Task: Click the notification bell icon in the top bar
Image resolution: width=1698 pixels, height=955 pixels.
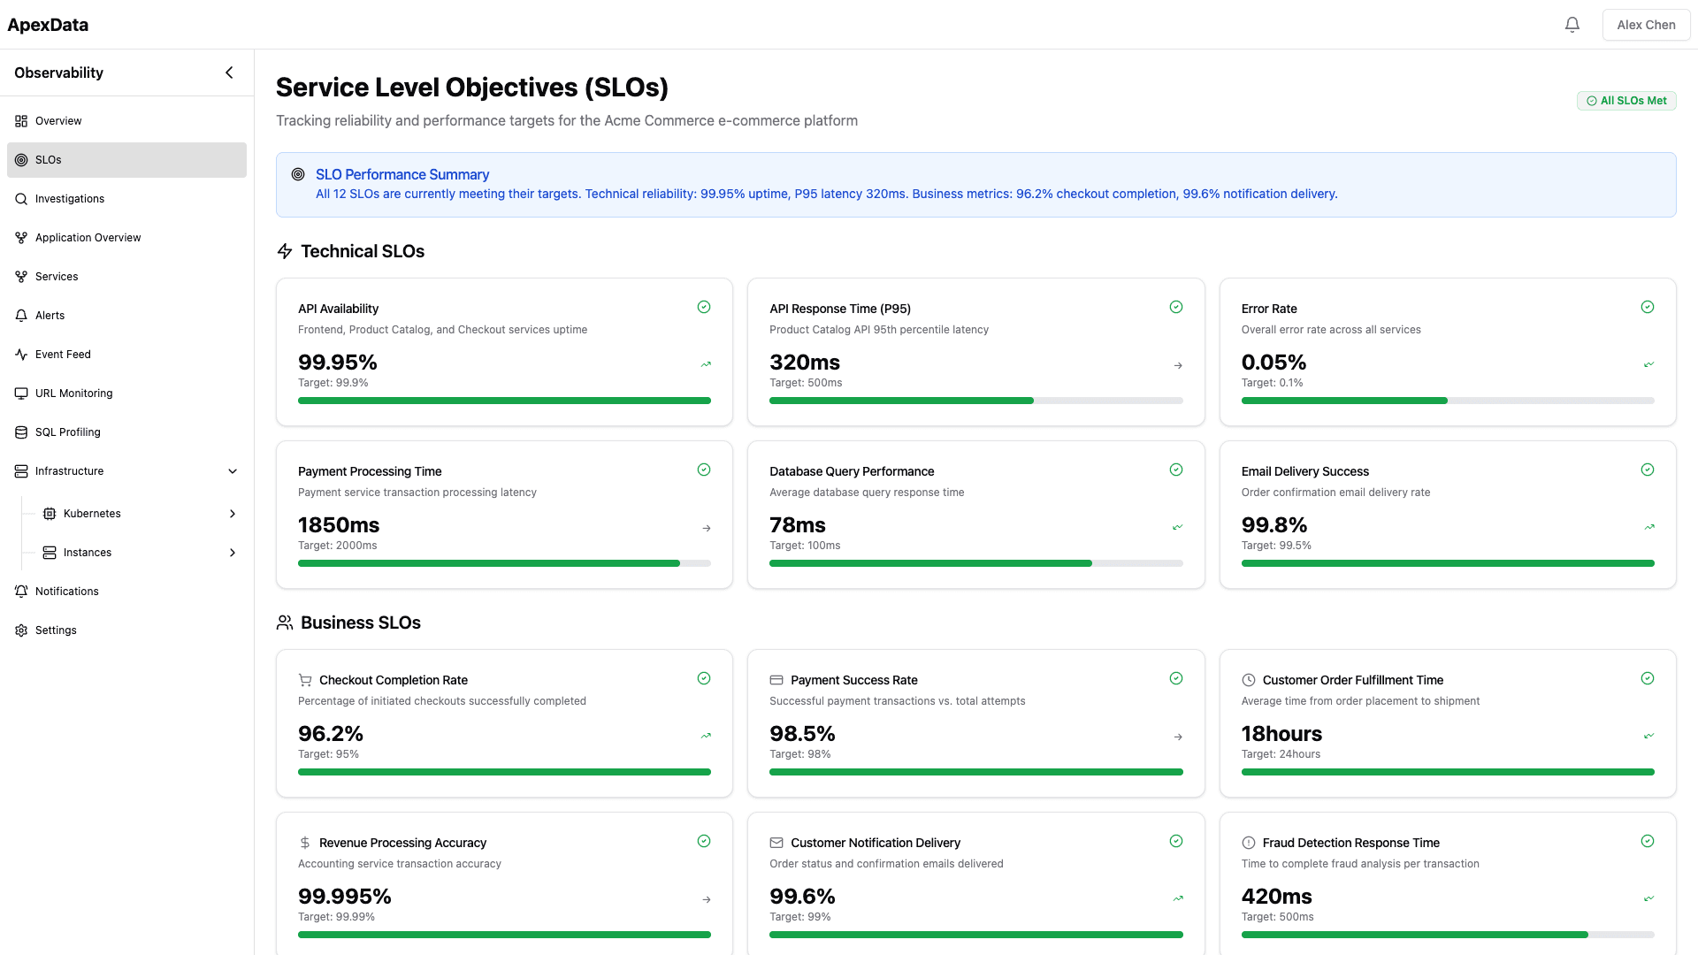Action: coord(1572,25)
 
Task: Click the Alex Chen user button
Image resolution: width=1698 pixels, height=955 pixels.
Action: coord(1645,25)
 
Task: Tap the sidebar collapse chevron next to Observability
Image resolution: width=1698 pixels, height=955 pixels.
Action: coord(229,73)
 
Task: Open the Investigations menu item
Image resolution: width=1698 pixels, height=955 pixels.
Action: coord(70,199)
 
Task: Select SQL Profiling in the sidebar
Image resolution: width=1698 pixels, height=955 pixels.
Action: coord(67,432)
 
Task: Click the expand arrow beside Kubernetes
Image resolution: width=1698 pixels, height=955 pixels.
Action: coord(233,514)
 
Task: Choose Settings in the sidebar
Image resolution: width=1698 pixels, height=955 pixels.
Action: coord(56,630)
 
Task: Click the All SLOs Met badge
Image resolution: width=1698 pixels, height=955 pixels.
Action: coord(1625,101)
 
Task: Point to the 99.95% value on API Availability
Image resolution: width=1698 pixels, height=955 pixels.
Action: coord(337,363)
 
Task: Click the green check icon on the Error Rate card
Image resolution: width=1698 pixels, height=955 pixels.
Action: coord(1647,307)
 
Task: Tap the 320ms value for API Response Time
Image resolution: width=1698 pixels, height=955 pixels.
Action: coord(804,363)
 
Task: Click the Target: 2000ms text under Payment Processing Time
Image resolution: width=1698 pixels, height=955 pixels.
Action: coord(337,546)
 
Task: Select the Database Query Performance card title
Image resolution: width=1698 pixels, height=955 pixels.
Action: coord(851,471)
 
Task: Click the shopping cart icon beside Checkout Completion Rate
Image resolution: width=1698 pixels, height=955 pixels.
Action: coord(305,680)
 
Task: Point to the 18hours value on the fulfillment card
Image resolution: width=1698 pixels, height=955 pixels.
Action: coord(1281,734)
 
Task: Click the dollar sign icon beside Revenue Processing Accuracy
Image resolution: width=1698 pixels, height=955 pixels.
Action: coord(305,843)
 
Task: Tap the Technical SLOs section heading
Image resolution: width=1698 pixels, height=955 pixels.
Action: coord(362,251)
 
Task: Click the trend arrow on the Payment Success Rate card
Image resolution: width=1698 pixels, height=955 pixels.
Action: coord(1177,737)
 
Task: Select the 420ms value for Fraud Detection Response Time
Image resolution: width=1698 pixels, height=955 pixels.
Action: coord(1276,897)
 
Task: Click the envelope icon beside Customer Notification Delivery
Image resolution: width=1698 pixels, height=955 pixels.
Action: coord(776,843)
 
